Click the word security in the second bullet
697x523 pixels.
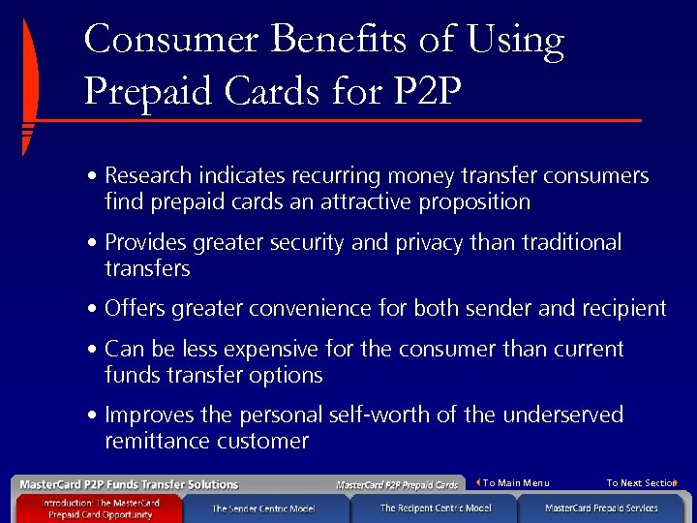(299, 242)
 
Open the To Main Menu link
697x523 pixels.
(515, 483)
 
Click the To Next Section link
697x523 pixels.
(640, 483)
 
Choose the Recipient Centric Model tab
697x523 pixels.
(435, 508)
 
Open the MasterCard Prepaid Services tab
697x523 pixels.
(601, 508)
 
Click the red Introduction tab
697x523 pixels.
(100, 508)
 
